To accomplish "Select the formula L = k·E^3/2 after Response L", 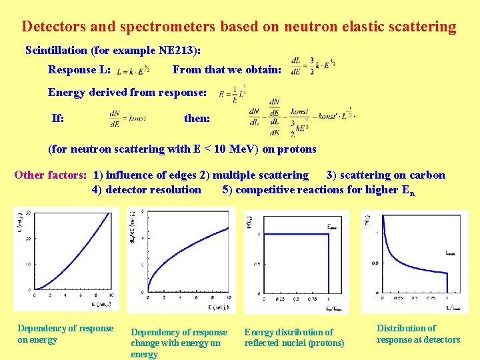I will click(133, 70).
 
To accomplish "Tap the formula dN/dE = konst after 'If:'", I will click(127, 119).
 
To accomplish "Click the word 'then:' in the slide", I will click(197, 119).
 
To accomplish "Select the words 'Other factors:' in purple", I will click(51, 175).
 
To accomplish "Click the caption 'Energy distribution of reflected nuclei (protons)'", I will click(294, 337).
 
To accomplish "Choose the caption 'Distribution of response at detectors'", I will click(418, 334).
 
